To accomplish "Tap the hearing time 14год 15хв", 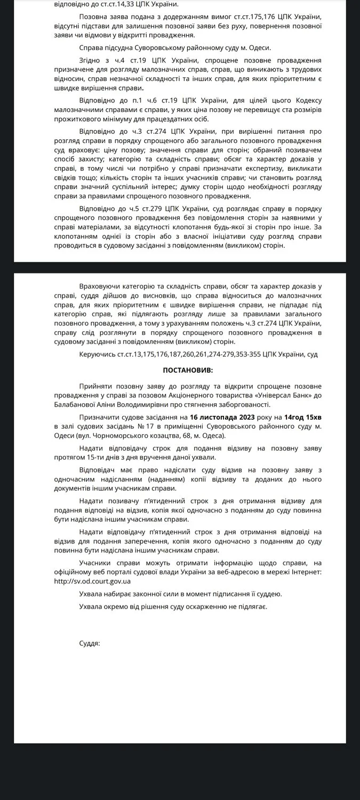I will [302, 417].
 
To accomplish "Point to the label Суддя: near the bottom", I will [89, 644].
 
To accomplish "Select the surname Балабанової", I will [77, 405].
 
